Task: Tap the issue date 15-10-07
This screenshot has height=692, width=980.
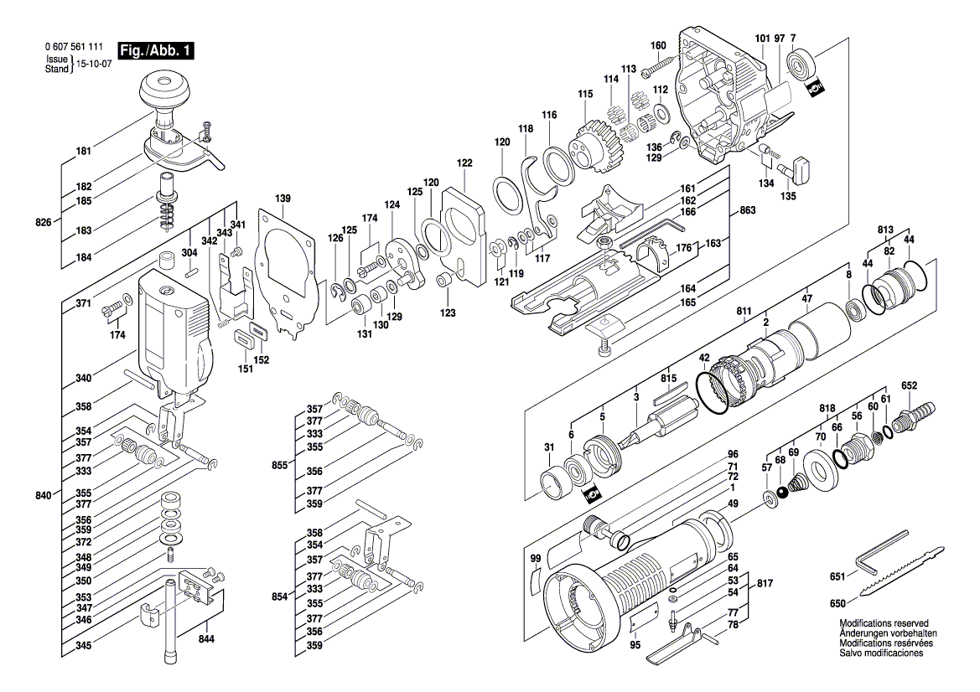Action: tap(96, 64)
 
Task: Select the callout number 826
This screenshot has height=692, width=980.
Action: tap(44, 222)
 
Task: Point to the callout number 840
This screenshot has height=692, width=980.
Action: tap(44, 495)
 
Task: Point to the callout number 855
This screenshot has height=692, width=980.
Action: tap(278, 464)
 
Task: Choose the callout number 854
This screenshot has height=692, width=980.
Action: tap(278, 596)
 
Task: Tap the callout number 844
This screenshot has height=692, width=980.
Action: tap(205, 638)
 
